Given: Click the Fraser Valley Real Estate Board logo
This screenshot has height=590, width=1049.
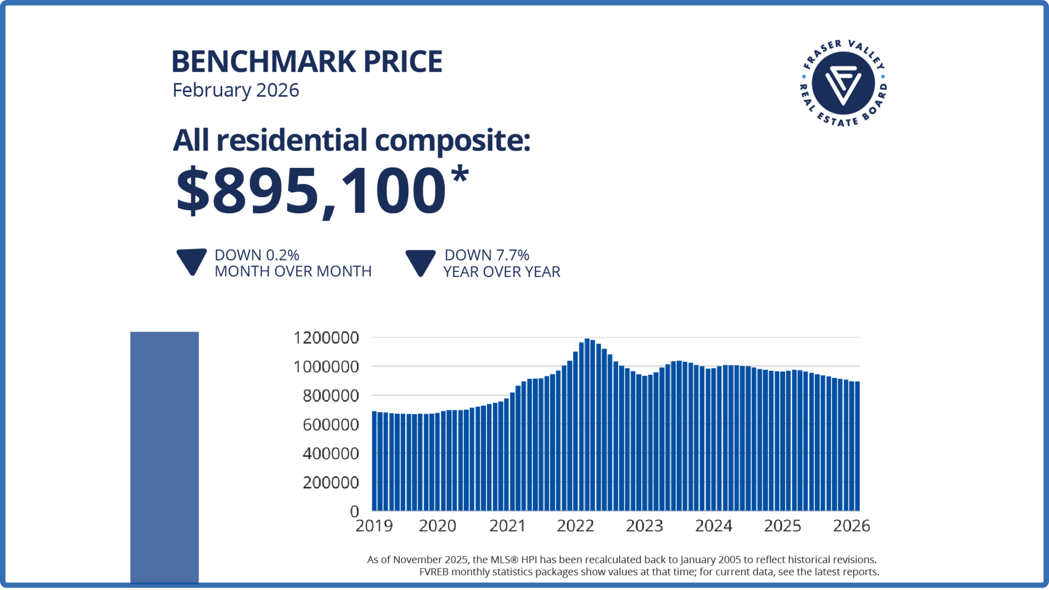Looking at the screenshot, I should [843, 84].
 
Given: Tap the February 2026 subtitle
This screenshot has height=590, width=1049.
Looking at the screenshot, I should [235, 90].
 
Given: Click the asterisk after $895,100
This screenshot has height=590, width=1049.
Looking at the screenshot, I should [460, 175].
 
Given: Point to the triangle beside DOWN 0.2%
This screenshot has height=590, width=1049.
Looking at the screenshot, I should [191, 262].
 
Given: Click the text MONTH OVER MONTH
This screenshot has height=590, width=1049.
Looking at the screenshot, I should [293, 272].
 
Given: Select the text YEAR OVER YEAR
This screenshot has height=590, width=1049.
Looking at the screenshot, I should [502, 272].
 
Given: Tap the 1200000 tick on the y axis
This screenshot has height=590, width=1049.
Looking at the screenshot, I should [326, 338].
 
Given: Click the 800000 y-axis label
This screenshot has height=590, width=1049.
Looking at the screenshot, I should [331, 396].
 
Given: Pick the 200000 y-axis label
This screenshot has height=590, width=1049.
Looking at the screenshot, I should [331, 482].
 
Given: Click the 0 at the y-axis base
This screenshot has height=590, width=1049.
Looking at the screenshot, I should [355, 511].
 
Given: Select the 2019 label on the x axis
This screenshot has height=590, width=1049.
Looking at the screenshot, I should [374, 526].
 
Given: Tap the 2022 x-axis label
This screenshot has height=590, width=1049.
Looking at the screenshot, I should [575, 526].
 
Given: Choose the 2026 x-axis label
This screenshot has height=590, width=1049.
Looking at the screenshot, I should [851, 526].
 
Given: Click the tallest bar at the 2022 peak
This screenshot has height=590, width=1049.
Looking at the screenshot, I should [587, 426].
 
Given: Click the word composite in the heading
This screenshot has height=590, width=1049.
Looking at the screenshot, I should [452, 141].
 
